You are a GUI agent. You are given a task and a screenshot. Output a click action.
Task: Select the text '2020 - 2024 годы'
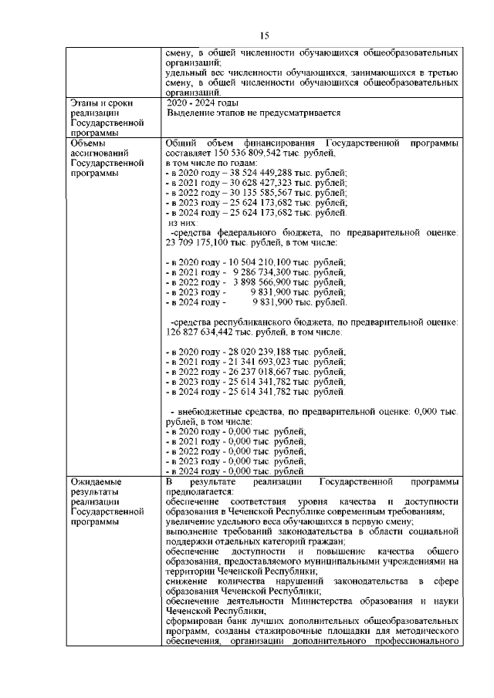[202, 103]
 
